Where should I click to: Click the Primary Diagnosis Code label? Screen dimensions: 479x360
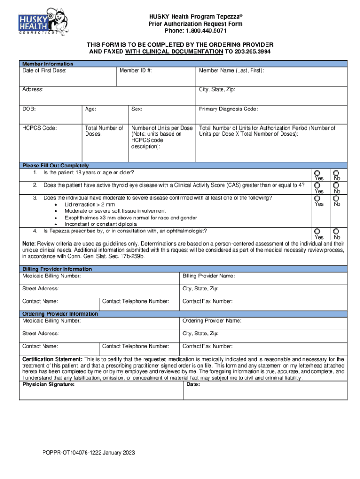coord(228,109)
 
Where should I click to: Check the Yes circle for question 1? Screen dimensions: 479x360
coord(317,173)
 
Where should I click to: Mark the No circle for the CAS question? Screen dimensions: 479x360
coord(336,186)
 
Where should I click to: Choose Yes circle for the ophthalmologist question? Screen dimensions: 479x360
coord(317,232)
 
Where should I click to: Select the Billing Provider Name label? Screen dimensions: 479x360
coord(209,276)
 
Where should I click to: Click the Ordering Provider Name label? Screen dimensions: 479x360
coord(212,321)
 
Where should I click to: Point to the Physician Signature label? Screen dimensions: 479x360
coord(48,385)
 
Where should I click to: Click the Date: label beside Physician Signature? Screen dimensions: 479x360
coord(193,385)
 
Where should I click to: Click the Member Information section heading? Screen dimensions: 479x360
coord(48,64)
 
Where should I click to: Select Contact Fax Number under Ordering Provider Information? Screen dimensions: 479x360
coord(207,347)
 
